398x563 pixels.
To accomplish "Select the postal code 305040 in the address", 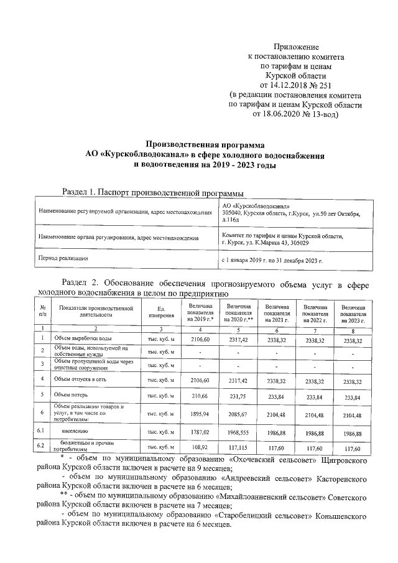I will tap(233, 213).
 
